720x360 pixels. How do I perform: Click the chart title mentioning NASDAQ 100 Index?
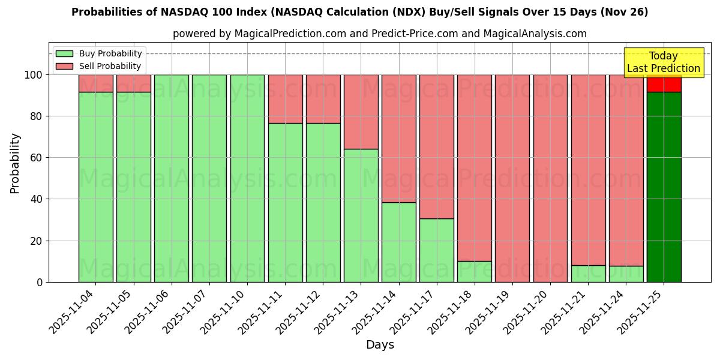(x=359, y=12)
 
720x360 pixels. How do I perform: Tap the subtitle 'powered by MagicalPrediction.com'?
(x=379, y=34)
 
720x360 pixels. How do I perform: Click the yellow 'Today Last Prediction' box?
(x=663, y=62)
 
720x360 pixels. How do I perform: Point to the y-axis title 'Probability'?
(x=15, y=163)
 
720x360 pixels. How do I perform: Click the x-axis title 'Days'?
(x=380, y=345)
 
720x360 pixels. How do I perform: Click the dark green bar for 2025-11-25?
(x=664, y=187)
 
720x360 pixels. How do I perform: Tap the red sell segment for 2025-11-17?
(x=436, y=146)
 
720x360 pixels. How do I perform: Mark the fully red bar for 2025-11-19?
(x=512, y=178)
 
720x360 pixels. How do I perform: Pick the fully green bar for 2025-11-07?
(x=209, y=178)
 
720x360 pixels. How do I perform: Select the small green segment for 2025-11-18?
(x=474, y=271)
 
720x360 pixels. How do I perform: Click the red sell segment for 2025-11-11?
(x=285, y=98)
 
